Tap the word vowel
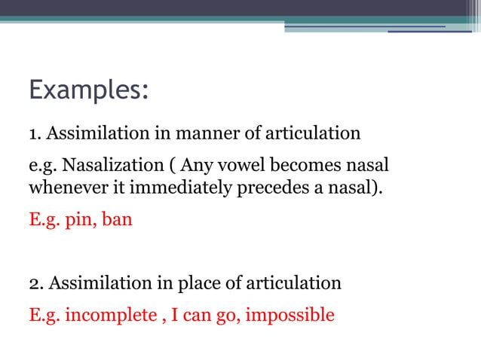(253, 165)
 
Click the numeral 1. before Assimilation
(35, 134)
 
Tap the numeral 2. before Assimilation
(35, 284)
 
